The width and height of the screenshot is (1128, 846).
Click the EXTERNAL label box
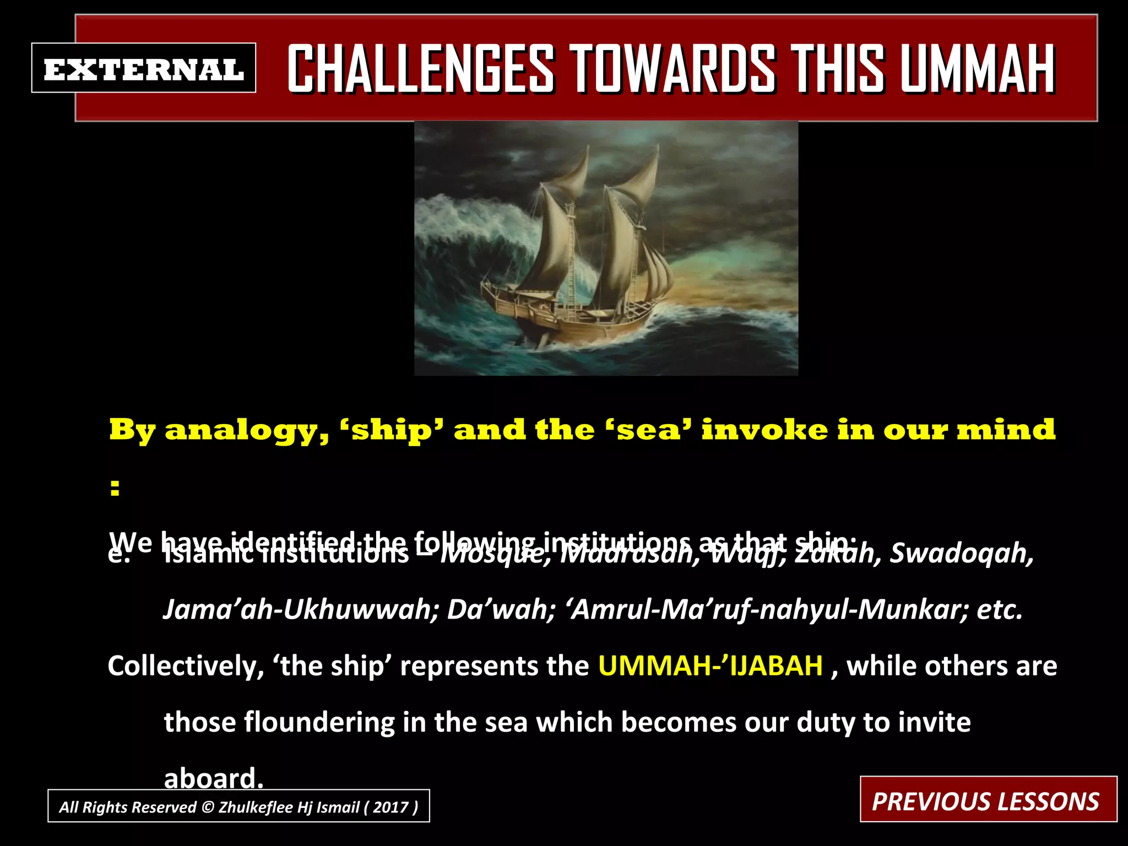[143, 68]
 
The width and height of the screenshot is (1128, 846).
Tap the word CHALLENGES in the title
[421, 69]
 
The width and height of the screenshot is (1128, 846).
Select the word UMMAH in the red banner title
[977, 69]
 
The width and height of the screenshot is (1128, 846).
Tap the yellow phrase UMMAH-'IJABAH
[711, 666]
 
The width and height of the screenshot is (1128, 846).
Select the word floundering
[319, 722]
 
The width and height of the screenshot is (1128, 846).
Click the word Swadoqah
[962, 554]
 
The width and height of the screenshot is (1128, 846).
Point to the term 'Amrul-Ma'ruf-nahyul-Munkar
[767, 610]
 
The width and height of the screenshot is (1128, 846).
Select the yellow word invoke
[763, 430]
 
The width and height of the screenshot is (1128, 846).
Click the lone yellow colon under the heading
[115, 487]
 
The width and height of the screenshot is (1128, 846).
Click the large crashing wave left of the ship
[474, 237]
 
